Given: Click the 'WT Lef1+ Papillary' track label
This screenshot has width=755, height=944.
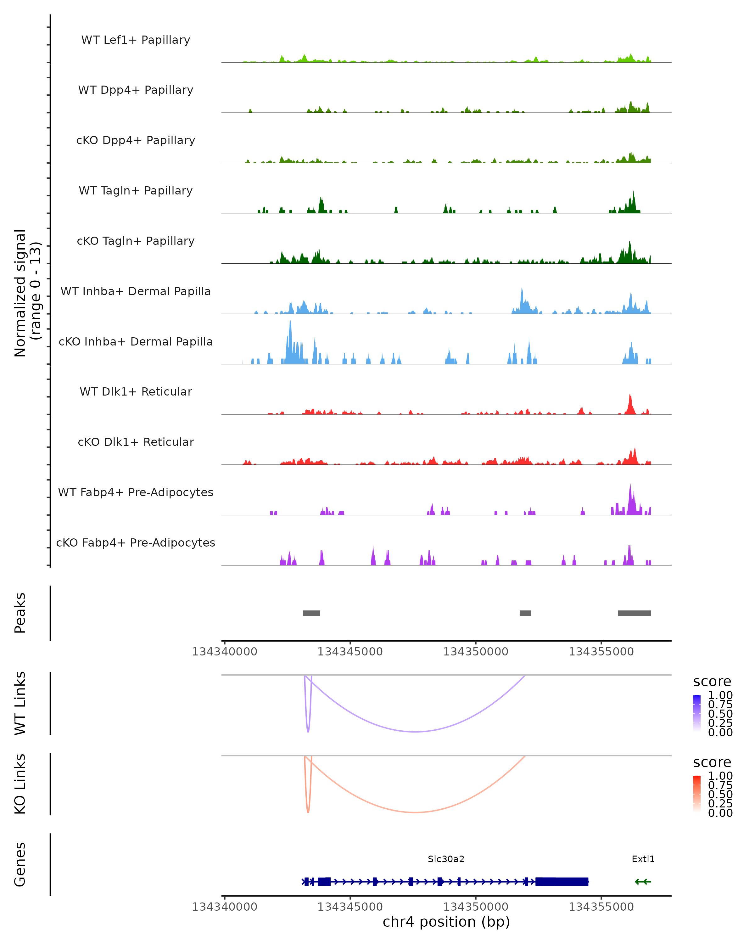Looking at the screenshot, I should click(136, 40).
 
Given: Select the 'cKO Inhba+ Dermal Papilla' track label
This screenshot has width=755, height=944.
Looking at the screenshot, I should click(136, 341).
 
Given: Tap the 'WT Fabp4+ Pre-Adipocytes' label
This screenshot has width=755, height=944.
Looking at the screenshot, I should click(136, 492).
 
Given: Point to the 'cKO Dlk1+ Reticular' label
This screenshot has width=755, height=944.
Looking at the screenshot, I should click(136, 442).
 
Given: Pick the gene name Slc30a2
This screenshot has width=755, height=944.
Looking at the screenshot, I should click(446, 859).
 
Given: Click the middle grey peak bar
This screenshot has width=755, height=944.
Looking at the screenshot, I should click(525, 613).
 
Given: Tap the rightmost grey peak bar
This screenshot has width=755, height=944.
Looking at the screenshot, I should click(634, 613).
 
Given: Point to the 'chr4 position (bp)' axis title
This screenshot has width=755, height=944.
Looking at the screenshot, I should click(446, 922).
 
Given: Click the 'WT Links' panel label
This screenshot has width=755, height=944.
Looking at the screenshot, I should click(20, 703).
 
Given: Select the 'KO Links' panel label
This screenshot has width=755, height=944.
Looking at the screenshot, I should click(20, 784).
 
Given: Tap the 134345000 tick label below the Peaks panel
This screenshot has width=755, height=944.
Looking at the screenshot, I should click(350, 652).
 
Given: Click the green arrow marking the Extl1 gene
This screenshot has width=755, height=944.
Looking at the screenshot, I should click(643, 882).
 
